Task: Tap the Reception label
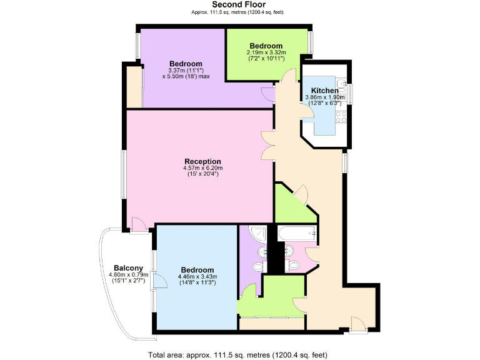[x=202, y=161]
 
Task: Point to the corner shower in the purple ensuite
[x=257, y=234]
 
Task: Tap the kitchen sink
[x=341, y=85]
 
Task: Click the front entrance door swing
[x=357, y=323]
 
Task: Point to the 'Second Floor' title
[x=239, y=5]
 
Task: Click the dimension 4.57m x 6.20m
[x=202, y=168]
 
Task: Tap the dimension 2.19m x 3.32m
[x=266, y=52]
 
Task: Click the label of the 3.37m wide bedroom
[x=186, y=64]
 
